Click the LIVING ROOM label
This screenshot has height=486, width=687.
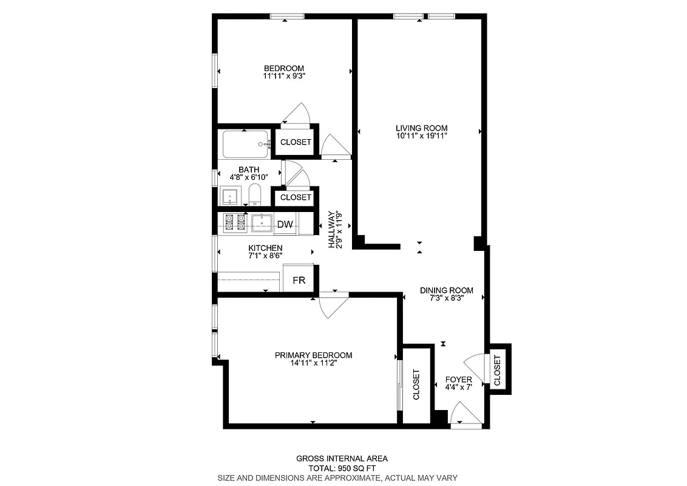[x=421, y=128]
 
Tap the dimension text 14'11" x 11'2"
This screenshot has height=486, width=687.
[x=313, y=363]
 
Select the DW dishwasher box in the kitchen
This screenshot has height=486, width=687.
[x=285, y=225]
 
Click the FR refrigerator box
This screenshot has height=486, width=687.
[x=299, y=280]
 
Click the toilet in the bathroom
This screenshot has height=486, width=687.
[x=254, y=195]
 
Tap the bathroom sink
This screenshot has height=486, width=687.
[x=231, y=196]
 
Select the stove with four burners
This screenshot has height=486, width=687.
[x=235, y=223]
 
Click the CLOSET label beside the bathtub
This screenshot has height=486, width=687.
[x=296, y=142]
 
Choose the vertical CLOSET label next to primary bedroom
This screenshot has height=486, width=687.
[x=416, y=385]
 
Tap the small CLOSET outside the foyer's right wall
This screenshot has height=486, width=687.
[x=498, y=370]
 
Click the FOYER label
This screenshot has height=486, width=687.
[x=458, y=379]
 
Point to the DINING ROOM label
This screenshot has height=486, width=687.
[x=446, y=290]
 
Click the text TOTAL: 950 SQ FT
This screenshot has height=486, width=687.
[x=342, y=468]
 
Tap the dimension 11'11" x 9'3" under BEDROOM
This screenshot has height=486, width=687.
[x=283, y=77]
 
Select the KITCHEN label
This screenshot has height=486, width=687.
[x=265, y=248]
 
